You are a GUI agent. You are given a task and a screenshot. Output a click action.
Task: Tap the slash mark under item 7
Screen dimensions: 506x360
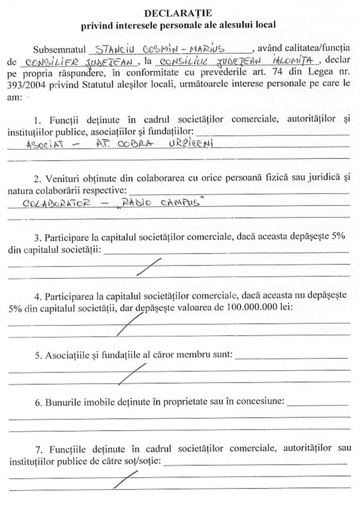point(128,480)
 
